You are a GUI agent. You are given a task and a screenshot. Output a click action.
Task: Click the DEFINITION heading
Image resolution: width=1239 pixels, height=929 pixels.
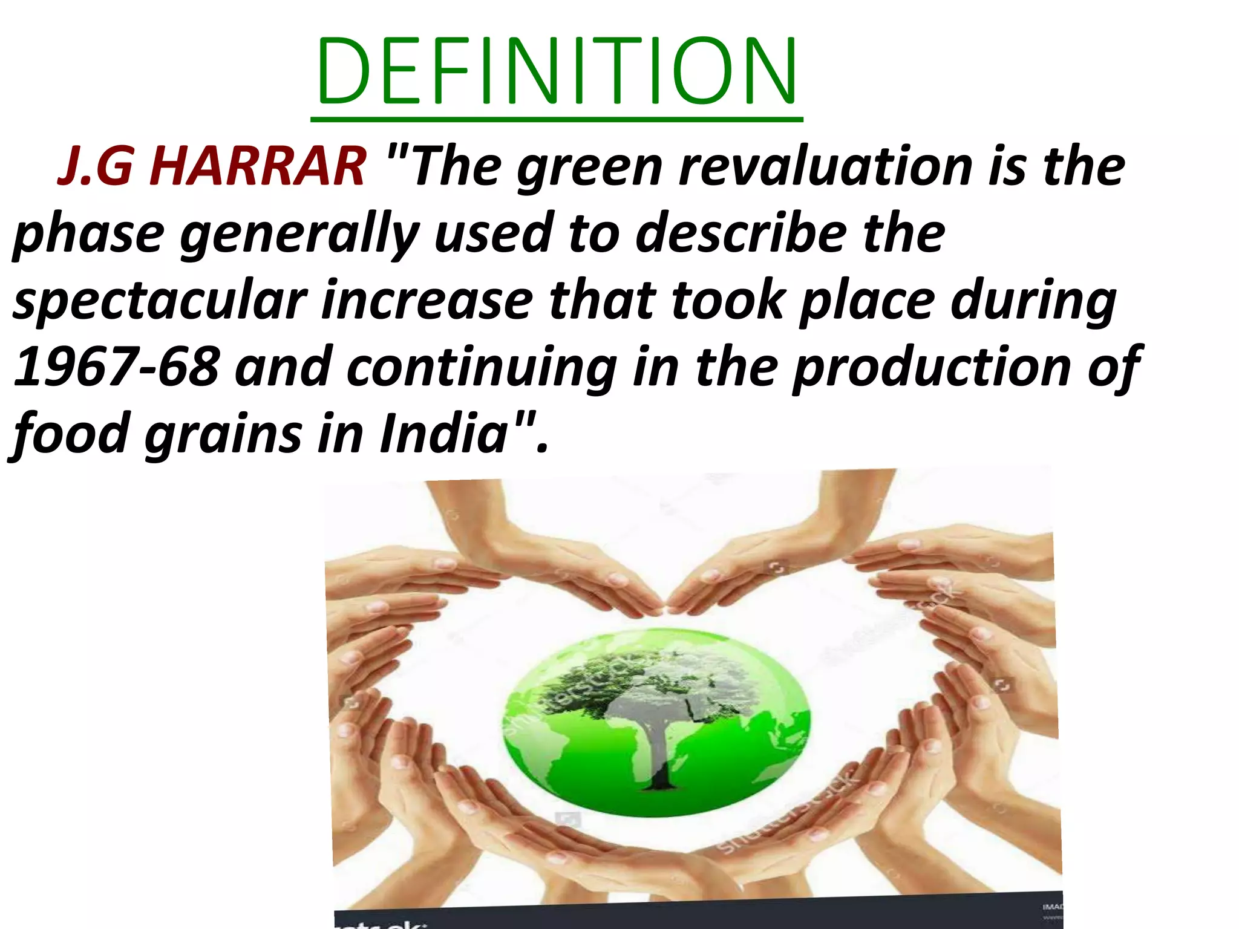point(557,71)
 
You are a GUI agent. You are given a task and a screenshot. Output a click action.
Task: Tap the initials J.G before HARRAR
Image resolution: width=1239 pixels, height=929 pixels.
point(94,166)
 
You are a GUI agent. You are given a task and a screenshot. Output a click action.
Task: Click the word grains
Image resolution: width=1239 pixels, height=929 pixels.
point(223,434)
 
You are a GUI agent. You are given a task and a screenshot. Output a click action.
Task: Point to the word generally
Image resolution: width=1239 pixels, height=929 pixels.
point(299,235)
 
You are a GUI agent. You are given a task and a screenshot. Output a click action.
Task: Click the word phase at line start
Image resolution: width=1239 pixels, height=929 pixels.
point(88,235)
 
